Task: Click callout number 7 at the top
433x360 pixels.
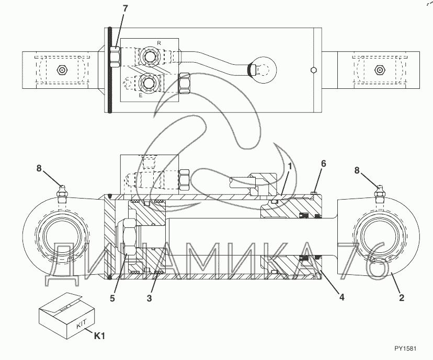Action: coord(126,8)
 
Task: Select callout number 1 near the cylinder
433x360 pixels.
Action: coord(290,166)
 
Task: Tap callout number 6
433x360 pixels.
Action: coord(323,164)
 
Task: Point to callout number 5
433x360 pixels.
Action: coord(112,298)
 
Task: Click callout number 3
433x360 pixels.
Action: coord(149,298)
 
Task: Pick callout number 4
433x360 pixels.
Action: coord(341,297)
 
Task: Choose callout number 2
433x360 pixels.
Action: coord(402,298)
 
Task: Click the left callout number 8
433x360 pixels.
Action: coord(39,168)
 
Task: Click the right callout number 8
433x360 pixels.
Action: coord(357,170)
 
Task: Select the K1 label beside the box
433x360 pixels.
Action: coord(99,336)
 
